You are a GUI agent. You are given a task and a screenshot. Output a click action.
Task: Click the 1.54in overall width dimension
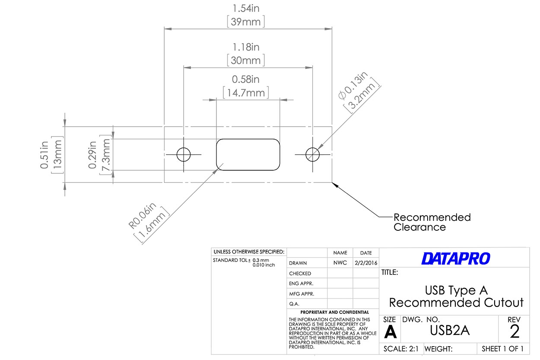[x=246, y=8]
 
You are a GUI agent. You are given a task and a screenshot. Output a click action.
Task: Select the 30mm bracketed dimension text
[x=246, y=60]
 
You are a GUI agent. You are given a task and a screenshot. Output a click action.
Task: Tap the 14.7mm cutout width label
[x=246, y=92]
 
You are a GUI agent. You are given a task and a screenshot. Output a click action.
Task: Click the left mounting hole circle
[x=184, y=154]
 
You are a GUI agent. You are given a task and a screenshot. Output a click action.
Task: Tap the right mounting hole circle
[x=312, y=154]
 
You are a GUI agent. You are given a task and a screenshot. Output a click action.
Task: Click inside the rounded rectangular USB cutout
[x=248, y=155]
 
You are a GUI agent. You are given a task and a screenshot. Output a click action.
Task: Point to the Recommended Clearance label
[x=432, y=222]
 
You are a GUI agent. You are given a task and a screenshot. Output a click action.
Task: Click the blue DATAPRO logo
[x=456, y=258]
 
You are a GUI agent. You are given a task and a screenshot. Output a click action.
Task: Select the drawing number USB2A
[x=450, y=331]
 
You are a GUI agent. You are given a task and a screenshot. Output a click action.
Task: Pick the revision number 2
[x=515, y=331]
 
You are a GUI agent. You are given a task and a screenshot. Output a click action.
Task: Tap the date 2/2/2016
[x=365, y=263]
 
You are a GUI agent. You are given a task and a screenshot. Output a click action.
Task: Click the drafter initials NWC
[x=340, y=263]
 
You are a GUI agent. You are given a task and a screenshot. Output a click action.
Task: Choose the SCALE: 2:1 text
[x=401, y=349]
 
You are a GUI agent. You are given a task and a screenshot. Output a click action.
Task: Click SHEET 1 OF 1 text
[x=502, y=349]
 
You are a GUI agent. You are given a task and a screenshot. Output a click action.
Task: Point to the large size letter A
[x=390, y=332]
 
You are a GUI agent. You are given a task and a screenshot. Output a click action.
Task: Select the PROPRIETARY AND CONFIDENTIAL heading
[x=335, y=312]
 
